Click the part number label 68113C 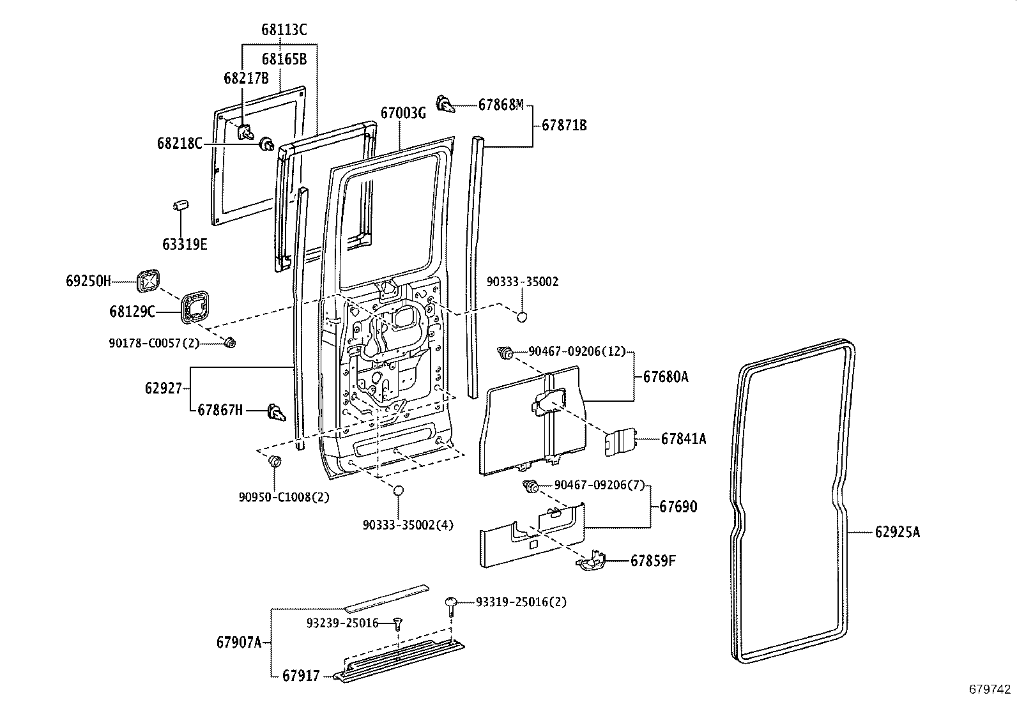pos(284,29)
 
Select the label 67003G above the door pos(402,113)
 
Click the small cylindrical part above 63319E pos(180,206)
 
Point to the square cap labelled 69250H pos(148,280)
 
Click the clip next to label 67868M pos(445,103)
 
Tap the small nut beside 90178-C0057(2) pos(230,344)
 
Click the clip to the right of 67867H pos(275,414)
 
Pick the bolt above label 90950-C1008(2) pos(275,461)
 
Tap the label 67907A pos(239,642)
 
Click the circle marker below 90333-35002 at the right pos(522,316)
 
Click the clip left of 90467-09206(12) pos(506,352)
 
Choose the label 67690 pos(678,507)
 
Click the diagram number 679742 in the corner pos(990,689)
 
